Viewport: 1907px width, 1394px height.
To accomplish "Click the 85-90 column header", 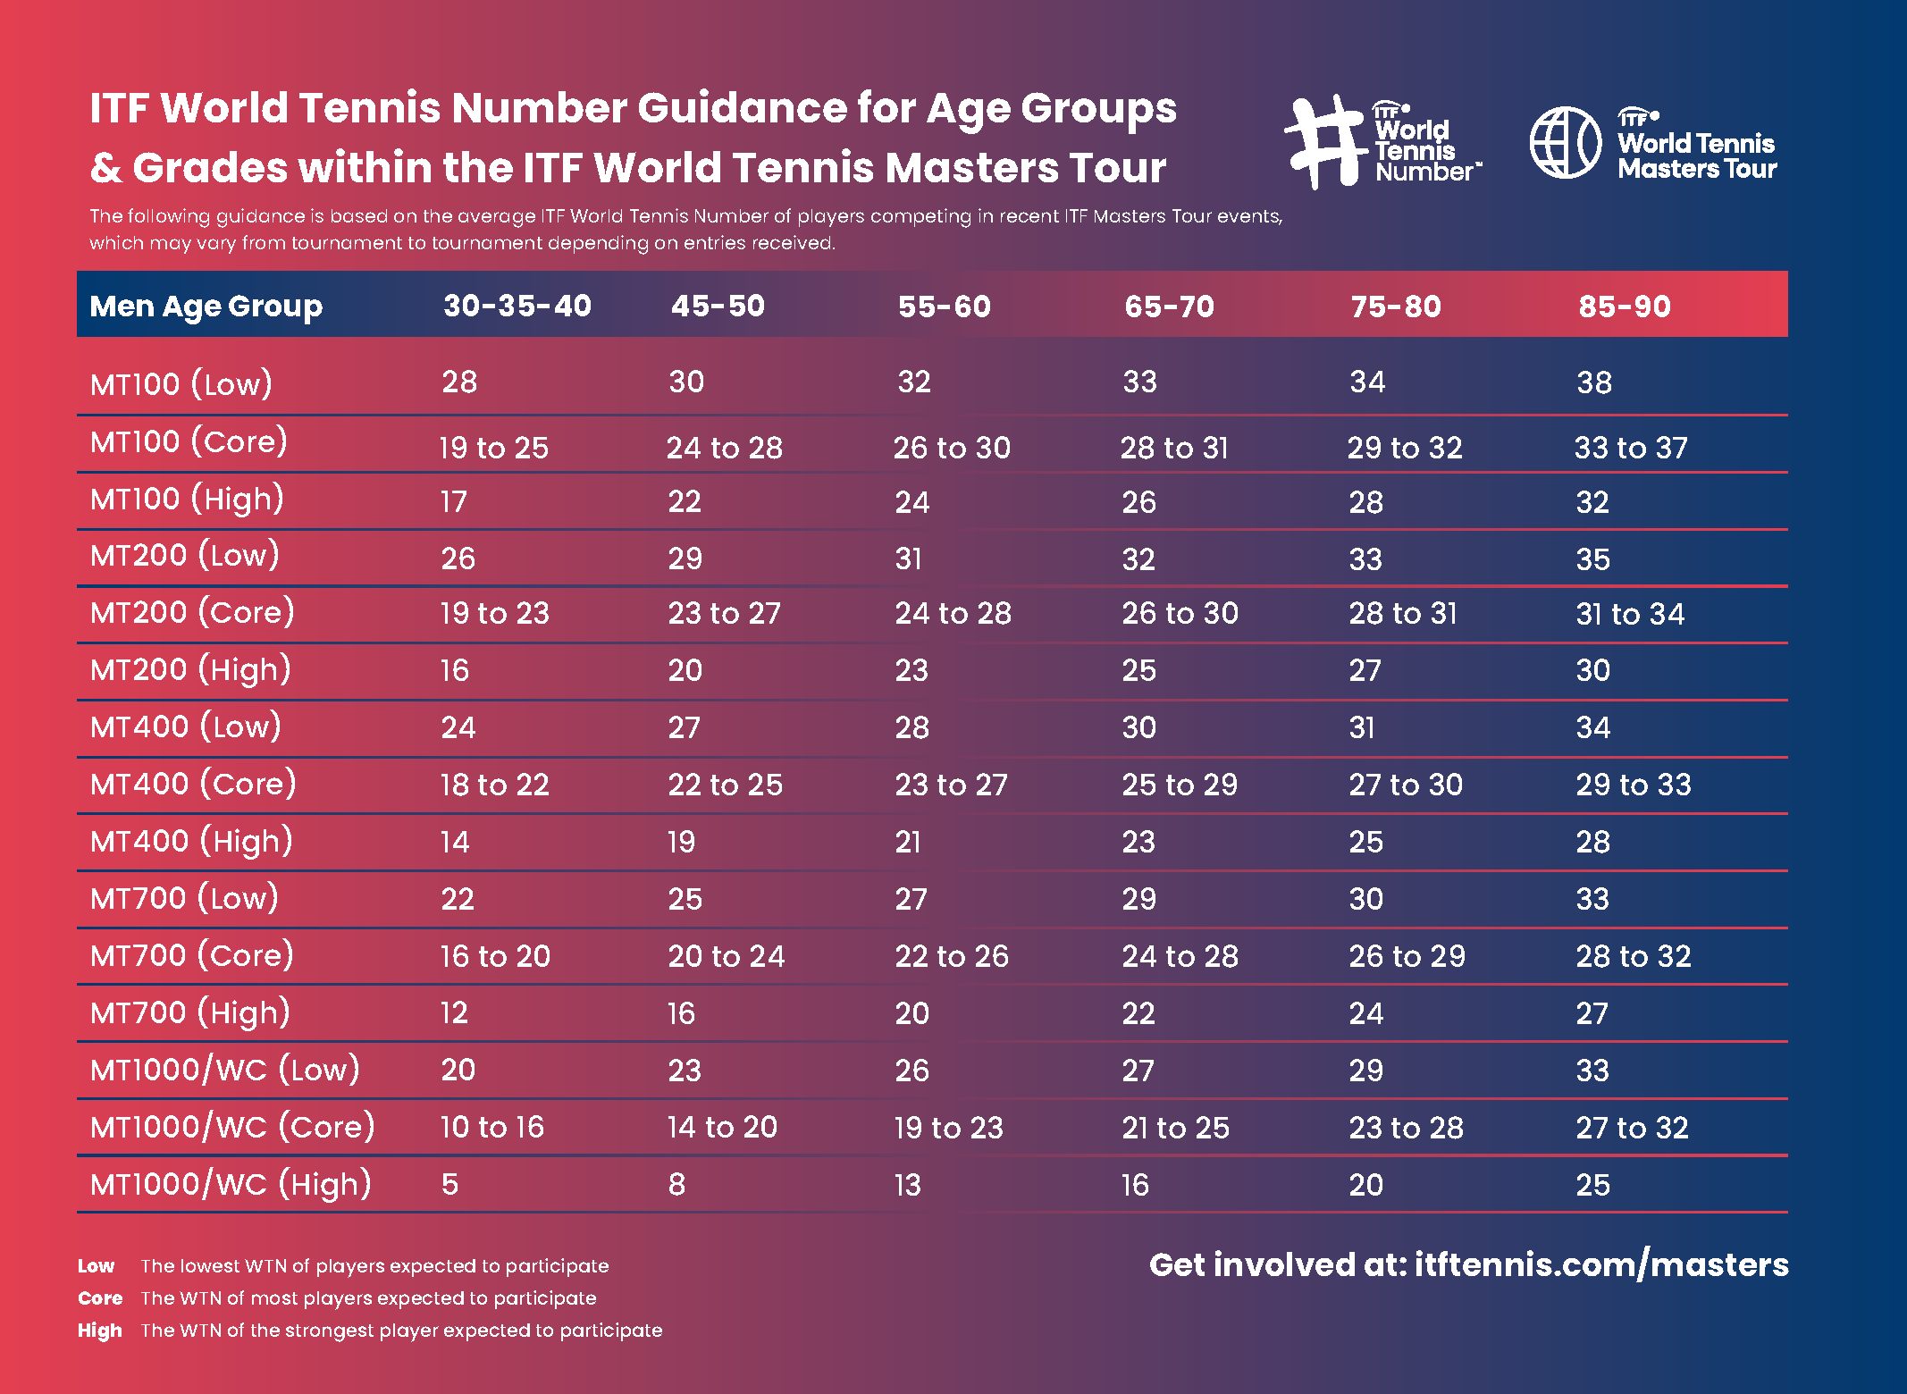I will tap(1624, 307).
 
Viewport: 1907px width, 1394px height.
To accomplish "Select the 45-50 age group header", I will tap(718, 306).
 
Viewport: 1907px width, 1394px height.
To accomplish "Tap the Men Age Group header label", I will tap(206, 307).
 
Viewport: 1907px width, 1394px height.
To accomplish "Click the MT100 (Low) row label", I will tap(181, 384).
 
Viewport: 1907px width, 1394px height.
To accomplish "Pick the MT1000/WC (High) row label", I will tap(231, 1184).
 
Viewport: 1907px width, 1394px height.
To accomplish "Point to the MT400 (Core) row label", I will tap(193, 784).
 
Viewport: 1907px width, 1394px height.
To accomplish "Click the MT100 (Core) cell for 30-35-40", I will tap(493, 448).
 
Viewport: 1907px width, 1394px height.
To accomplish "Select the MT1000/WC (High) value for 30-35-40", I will tap(449, 1185).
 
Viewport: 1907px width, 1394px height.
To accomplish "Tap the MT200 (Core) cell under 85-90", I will tap(1629, 614).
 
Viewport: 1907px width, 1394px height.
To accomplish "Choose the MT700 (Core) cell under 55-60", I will tap(951, 956).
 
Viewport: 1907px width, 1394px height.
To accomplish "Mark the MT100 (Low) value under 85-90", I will tap(1593, 383).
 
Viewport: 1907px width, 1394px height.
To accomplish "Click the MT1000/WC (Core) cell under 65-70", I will tap(1175, 1128).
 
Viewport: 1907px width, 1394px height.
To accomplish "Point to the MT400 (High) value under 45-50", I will tap(681, 842).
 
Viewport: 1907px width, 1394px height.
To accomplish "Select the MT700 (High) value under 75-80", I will tap(1365, 1013).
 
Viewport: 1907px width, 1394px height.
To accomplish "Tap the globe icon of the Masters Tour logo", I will tap(1565, 143).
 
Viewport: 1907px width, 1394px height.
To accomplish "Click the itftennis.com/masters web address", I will tap(1600, 1265).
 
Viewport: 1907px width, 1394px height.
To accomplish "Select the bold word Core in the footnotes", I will tap(100, 1298).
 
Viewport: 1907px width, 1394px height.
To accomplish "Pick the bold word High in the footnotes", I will tap(99, 1331).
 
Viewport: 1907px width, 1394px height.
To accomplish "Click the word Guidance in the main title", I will tap(741, 108).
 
